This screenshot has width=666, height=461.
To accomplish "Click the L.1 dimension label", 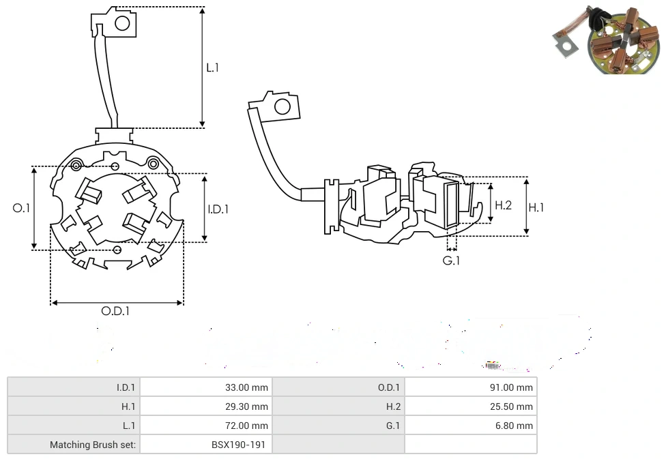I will (213, 68).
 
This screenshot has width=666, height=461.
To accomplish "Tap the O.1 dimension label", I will (22, 208).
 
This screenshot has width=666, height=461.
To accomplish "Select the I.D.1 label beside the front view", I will (218, 209).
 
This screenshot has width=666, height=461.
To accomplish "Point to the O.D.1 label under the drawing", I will (115, 311).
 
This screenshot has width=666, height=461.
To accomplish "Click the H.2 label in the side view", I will (503, 205).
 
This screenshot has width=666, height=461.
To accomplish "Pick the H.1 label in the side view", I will (537, 207).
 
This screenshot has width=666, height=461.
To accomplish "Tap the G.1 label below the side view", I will (451, 261).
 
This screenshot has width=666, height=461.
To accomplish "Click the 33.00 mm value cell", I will (246, 387).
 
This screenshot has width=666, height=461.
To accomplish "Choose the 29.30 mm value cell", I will (246, 406).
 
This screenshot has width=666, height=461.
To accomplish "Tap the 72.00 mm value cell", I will (246, 426).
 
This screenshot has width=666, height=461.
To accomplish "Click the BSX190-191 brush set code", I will (240, 445).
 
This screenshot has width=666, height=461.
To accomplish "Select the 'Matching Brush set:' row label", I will (93, 445).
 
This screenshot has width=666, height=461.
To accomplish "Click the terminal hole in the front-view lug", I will (122, 24).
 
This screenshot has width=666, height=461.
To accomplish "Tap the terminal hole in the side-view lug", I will (281, 106).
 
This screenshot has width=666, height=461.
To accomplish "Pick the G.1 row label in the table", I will (392, 426).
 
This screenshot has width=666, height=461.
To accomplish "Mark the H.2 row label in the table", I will (392, 406).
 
